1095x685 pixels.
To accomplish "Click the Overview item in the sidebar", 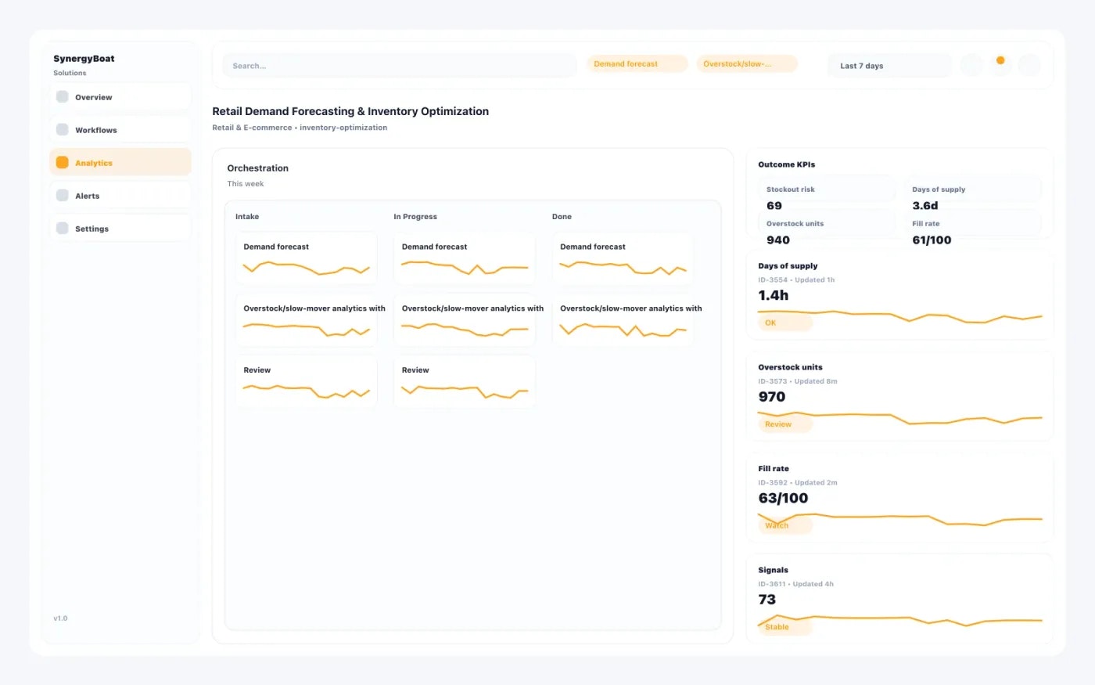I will tap(120, 97).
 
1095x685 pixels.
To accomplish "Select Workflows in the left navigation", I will tap(120, 130).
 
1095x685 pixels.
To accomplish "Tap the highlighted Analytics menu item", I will tap(120, 163).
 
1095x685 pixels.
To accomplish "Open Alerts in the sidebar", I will tap(120, 196).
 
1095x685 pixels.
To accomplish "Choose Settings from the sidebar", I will tap(120, 229).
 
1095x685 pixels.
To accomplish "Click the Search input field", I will tap(399, 66).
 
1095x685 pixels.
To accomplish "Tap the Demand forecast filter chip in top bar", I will tap(637, 64).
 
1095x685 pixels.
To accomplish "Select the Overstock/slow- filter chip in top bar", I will tap(746, 64).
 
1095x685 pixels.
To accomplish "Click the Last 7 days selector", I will tap(889, 66).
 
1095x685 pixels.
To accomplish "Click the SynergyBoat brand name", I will tap(84, 59).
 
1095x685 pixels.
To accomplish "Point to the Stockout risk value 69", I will tap(774, 206).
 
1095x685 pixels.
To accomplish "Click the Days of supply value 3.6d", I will tap(924, 206).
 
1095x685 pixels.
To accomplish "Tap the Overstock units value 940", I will tap(778, 240).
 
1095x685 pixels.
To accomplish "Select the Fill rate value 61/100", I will tap(932, 240).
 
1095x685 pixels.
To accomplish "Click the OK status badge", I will tap(784, 323).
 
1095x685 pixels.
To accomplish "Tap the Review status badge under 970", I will tap(784, 424).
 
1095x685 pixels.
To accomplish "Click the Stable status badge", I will tap(784, 627).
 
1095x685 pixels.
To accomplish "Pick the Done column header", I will tap(562, 217).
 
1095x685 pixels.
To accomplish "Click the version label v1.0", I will tap(60, 618).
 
